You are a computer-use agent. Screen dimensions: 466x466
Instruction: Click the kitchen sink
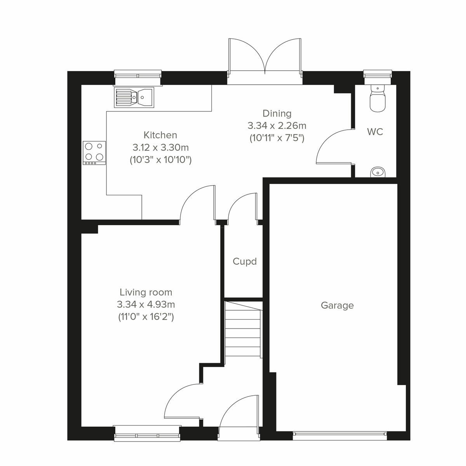coord(134,97)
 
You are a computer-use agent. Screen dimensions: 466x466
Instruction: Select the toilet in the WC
coord(377,99)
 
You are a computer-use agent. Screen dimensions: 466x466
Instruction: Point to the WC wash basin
coord(377,172)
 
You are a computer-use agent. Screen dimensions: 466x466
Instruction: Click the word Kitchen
coord(160,135)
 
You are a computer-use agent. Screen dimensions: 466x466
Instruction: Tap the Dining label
coord(277,113)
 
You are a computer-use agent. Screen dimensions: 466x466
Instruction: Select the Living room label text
coord(146,292)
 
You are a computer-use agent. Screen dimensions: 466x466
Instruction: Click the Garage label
coord(337,306)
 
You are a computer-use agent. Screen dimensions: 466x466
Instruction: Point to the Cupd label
coord(245,262)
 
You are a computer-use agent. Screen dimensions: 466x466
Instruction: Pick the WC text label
coord(375,132)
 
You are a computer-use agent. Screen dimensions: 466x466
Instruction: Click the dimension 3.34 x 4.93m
coord(146,305)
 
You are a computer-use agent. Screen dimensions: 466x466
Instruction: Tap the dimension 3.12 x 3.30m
coord(160,148)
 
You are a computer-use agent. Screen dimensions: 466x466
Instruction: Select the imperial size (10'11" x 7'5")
coord(277,138)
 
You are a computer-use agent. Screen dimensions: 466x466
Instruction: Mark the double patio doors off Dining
coord(265,58)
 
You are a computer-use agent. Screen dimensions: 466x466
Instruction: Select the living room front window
coord(147,433)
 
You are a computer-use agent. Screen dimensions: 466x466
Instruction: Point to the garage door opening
coord(339,435)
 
